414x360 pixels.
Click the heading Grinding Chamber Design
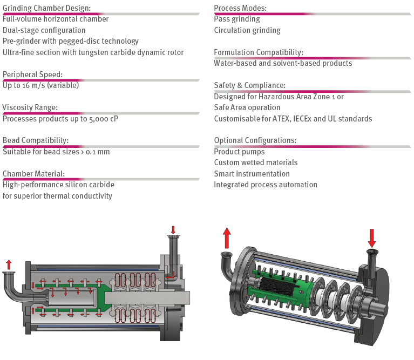tap(46, 8)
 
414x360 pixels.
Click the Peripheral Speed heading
tap(33, 74)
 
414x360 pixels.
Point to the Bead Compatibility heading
tap(36, 141)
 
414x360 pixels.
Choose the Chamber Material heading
tap(33, 174)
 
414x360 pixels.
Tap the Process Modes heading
tap(240, 8)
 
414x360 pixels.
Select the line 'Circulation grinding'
tap(247, 30)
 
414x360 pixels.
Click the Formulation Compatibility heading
tap(259, 52)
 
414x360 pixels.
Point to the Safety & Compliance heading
tap(249, 85)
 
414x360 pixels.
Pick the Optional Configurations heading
tap(255, 140)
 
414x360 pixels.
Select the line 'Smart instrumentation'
tap(252, 174)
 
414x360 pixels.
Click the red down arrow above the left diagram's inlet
tap(173, 230)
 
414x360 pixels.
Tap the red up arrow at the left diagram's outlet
tap(8, 264)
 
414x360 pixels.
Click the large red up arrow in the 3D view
tap(227, 237)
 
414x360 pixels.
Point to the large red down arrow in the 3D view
tap(372, 237)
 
